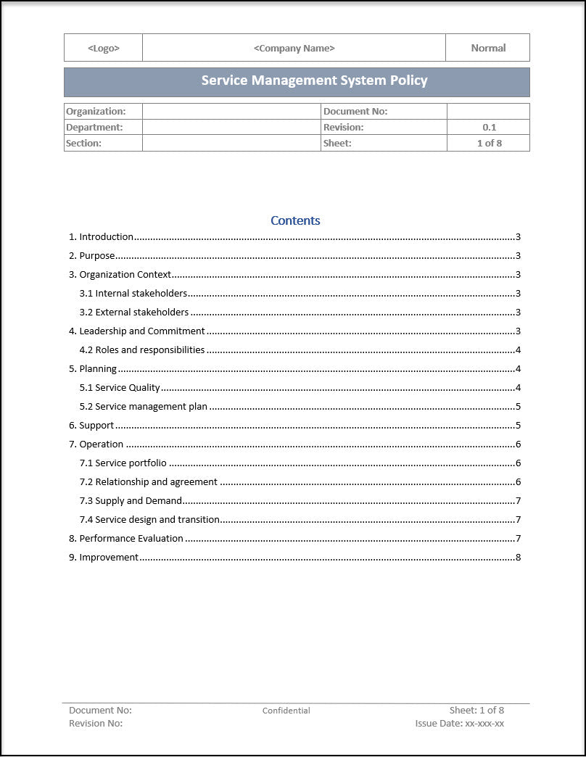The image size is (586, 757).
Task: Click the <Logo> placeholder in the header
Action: (104, 48)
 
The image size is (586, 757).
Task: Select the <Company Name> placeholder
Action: (294, 48)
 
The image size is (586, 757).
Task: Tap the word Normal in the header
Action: (488, 48)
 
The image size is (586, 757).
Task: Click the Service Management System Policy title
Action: (314, 81)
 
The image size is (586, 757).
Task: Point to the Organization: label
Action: (96, 111)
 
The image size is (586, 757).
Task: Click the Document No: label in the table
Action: (355, 111)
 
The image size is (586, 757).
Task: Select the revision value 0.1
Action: (489, 127)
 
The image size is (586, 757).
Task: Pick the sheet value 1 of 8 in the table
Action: (489, 143)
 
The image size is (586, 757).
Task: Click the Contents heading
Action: (295, 220)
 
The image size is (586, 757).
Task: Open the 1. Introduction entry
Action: (102, 237)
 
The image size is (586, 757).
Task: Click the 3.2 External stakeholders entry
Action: (134, 313)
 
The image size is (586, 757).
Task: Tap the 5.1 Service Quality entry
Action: (120, 388)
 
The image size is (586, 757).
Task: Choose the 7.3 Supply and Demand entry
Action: (131, 501)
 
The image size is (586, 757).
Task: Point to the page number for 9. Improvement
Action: (518, 558)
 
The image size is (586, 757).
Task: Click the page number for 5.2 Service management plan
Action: (518, 407)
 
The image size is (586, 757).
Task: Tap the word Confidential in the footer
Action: (286, 711)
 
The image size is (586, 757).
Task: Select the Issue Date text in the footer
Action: (460, 724)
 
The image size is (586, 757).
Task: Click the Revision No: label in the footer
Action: (96, 724)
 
